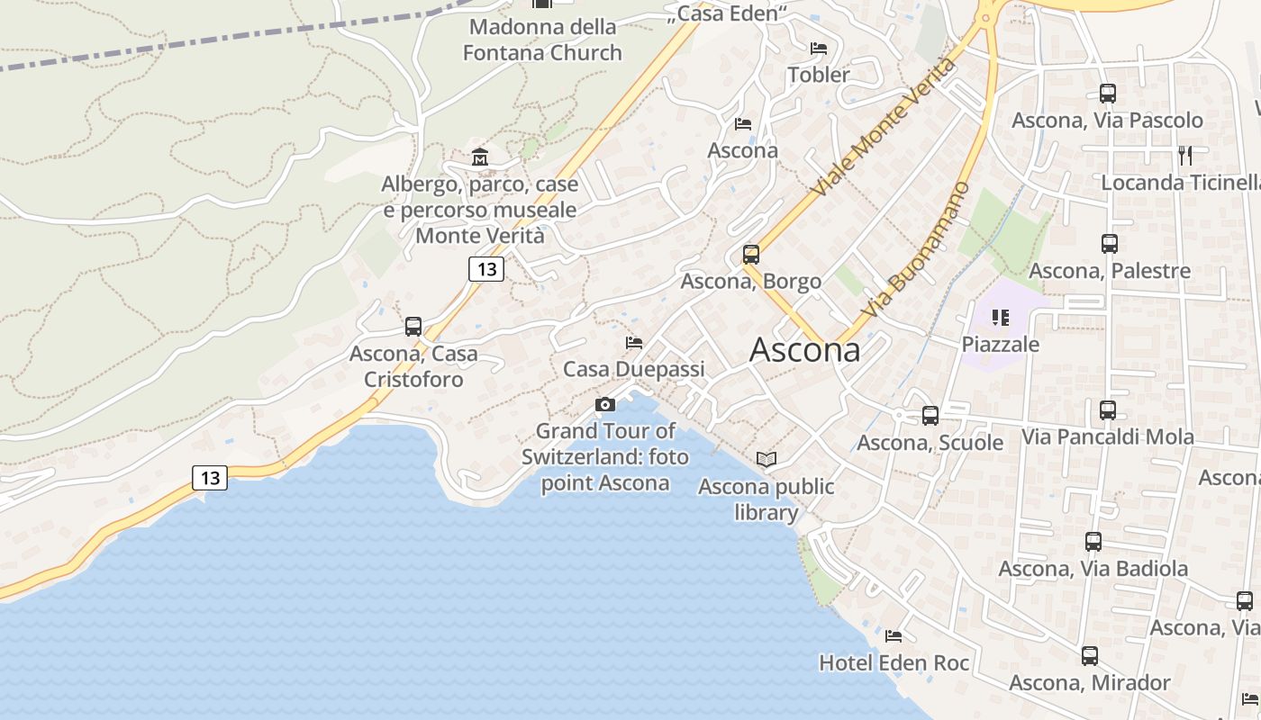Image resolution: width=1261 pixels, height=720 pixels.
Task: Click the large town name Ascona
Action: pyautogui.click(x=804, y=350)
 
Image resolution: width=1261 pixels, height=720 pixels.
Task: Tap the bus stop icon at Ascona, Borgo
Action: pyautogui.click(x=751, y=255)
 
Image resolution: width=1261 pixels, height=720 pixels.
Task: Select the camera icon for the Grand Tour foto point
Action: pyautogui.click(x=605, y=404)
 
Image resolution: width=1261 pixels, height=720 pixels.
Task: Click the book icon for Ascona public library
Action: pyautogui.click(x=767, y=460)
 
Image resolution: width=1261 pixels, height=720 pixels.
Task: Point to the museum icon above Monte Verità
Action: pyautogui.click(x=479, y=157)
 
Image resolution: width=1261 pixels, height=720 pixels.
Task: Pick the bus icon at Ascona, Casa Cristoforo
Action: pyautogui.click(x=413, y=326)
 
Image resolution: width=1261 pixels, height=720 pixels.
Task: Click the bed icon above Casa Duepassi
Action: pyautogui.click(x=634, y=343)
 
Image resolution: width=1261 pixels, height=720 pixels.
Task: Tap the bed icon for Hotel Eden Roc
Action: pyautogui.click(x=894, y=636)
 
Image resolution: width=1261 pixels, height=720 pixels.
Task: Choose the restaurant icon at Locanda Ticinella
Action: pyautogui.click(x=1185, y=155)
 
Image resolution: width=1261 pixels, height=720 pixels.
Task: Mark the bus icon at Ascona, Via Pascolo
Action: pyautogui.click(x=1108, y=93)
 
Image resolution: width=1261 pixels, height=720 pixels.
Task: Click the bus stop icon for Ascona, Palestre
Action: pyautogui.click(x=1110, y=243)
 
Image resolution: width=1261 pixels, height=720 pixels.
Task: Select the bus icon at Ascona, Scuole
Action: pyautogui.click(x=930, y=416)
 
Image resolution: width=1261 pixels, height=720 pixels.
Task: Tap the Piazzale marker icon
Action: pyautogui.click(x=1000, y=317)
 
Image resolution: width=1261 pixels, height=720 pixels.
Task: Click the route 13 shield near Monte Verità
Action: pyautogui.click(x=486, y=268)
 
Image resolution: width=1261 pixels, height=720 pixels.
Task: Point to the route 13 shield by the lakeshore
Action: pyautogui.click(x=210, y=478)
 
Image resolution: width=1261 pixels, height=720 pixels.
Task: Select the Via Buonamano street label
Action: pyautogui.click(x=915, y=249)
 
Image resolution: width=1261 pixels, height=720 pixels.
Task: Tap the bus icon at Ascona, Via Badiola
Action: pyautogui.click(x=1093, y=542)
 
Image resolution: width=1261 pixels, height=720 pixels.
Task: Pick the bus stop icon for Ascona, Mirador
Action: pyautogui.click(x=1090, y=655)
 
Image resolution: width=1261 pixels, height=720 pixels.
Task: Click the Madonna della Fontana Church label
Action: pyautogui.click(x=542, y=40)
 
